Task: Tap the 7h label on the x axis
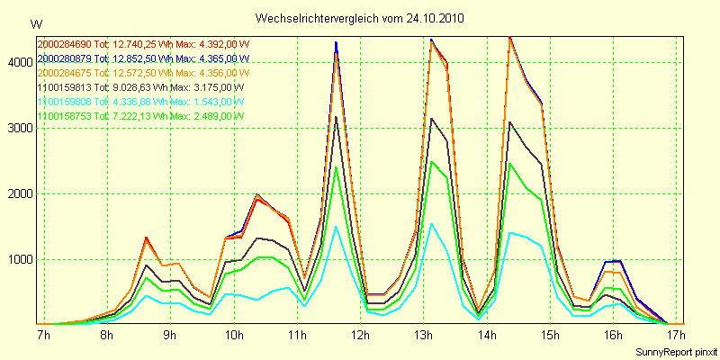pyautogui.click(x=42, y=336)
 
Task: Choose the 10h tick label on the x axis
pyautogui.click(x=233, y=336)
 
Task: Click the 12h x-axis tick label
pyautogui.click(x=360, y=336)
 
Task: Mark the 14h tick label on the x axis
pyautogui.click(x=487, y=336)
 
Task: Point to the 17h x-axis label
pyautogui.click(x=677, y=336)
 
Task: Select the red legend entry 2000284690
pyautogui.click(x=65, y=43)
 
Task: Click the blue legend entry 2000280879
pyautogui.click(x=65, y=58)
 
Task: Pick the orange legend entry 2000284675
pyautogui.click(x=65, y=72)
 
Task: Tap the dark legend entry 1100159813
pyautogui.click(x=65, y=87)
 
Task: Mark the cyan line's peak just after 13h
pyautogui.click(x=432, y=224)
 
